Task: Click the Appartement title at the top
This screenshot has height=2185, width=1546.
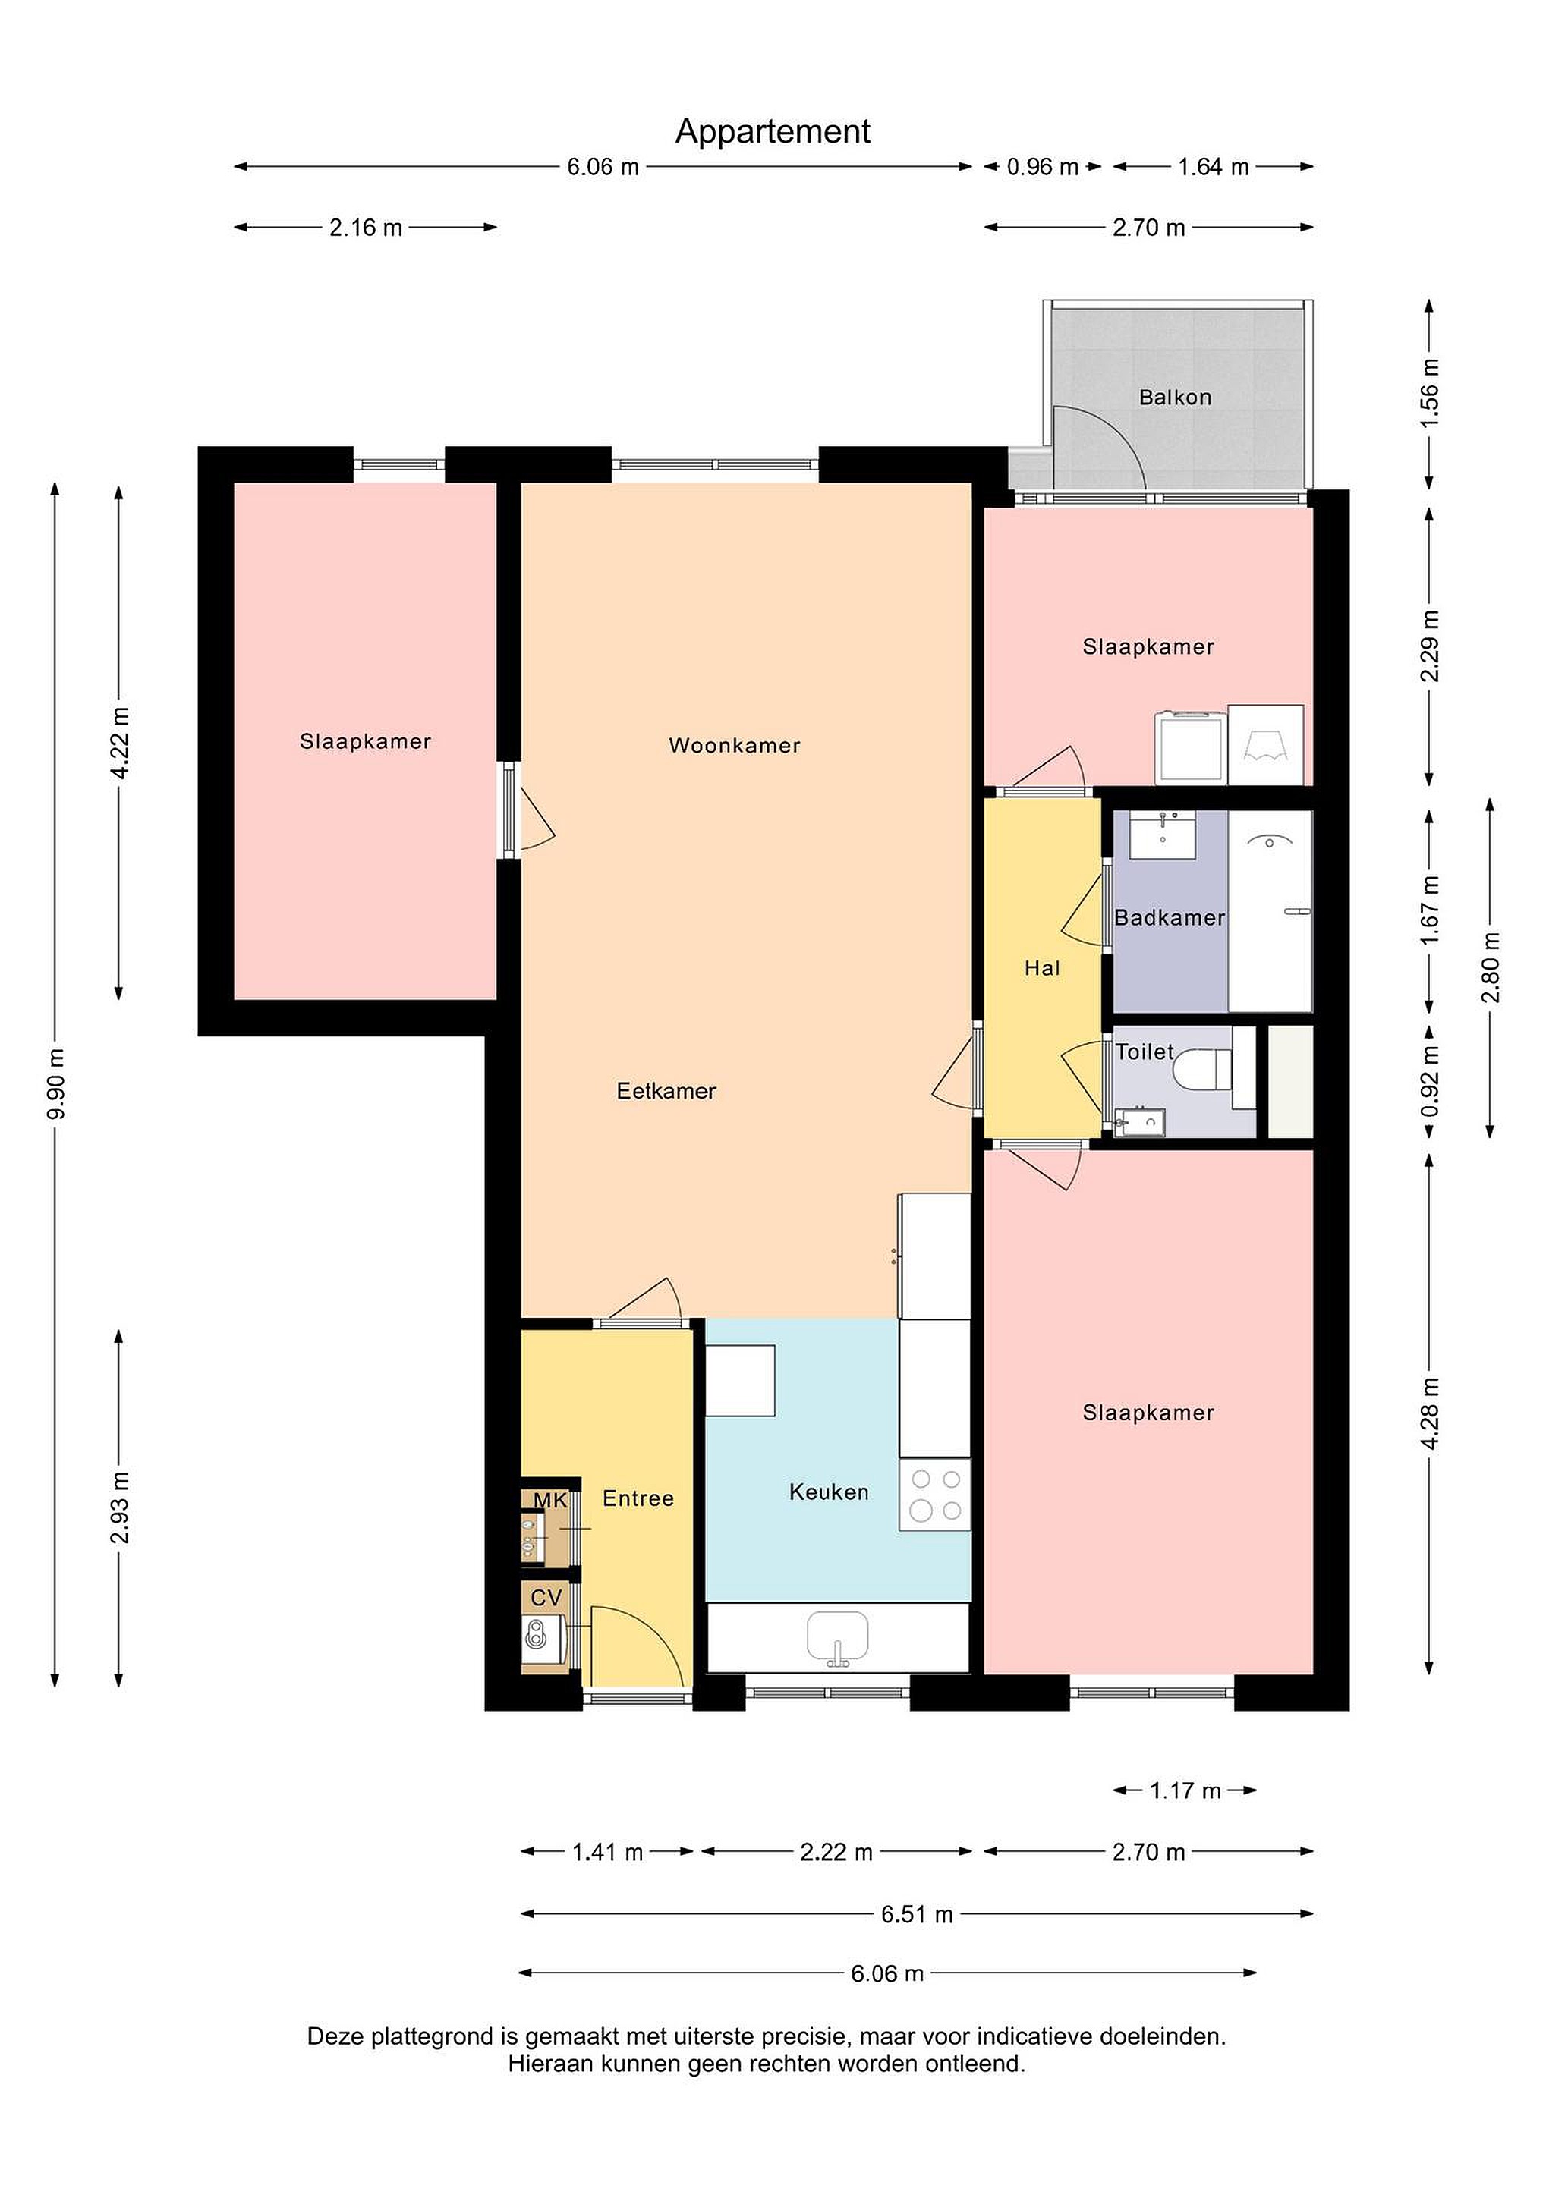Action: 772,132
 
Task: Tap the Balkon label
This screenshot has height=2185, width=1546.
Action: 1175,397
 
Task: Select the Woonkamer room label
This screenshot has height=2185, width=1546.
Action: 734,745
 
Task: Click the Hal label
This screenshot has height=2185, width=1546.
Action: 1041,968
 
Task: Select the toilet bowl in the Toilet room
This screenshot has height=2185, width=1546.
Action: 1201,1067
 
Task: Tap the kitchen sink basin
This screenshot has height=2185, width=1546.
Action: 837,1636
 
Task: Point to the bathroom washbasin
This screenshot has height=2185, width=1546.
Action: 1163,834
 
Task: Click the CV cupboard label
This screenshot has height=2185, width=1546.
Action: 546,1598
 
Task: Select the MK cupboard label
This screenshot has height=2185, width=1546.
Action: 550,1501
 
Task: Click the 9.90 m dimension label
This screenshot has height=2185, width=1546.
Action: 56,1084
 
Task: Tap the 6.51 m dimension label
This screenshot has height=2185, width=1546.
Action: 916,1914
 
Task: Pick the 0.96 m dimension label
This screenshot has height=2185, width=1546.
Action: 1042,167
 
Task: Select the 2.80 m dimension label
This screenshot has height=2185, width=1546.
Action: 1490,967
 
